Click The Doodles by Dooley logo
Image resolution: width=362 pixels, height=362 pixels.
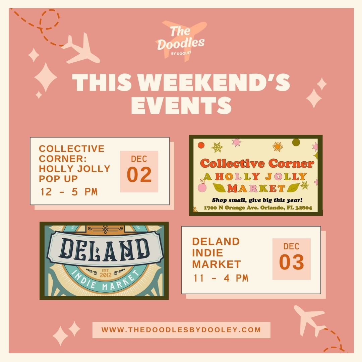pos(181,41)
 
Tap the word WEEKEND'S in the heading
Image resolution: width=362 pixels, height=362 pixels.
pos(215,83)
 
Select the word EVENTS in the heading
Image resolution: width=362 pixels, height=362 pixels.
pos(181,105)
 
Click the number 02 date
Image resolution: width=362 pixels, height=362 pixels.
pos(139,175)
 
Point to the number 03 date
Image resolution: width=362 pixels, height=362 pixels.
pos(291,262)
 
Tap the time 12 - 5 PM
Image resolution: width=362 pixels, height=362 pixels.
pos(69,192)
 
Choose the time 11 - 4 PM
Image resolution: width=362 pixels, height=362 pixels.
pos(221,278)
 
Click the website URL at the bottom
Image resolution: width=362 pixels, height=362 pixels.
pos(181,330)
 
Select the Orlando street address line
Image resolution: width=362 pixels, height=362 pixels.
pos(258,207)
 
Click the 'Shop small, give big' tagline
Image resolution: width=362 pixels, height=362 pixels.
pos(257,200)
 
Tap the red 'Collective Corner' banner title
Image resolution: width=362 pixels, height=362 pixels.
pos(257,164)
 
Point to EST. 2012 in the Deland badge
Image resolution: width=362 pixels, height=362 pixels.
pos(106,273)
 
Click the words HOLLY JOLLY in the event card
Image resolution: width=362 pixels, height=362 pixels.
pos(74,169)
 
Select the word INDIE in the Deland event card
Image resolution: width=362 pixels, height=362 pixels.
pos(207,253)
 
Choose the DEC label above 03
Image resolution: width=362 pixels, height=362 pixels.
pos(291,246)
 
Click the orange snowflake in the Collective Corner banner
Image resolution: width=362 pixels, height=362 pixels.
pos(278,146)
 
